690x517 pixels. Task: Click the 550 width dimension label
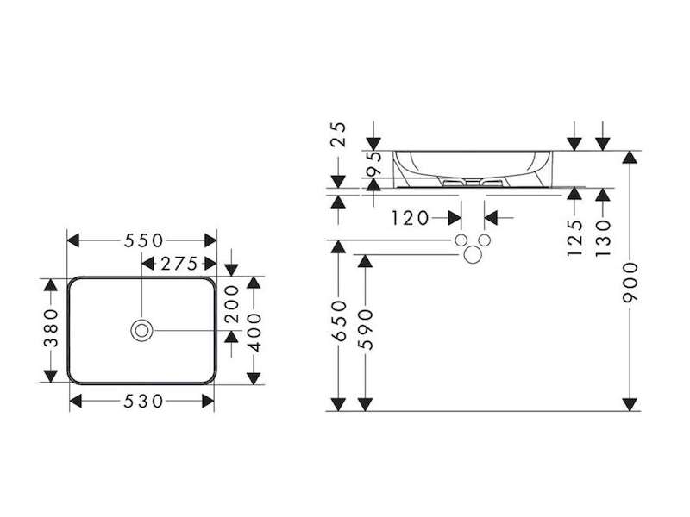click(x=143, y=241)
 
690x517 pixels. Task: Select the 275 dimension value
click(x=179, y=264)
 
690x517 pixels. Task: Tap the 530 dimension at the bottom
click(x=143, y=401)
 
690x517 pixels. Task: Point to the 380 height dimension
click(x=51, y=328)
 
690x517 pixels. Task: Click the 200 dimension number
click(x=231, y=304)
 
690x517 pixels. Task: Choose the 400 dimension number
click(x=254, y=333)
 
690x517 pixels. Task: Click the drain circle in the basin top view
click(x=141, y=330)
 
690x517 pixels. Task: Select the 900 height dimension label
click(x=630, y=283)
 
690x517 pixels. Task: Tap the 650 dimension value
click(x=338, y=321)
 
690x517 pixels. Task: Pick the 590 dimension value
click(x=365, y=330)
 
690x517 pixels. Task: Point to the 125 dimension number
click(x=574, y=238)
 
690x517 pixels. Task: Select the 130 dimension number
click(x=602, y=239)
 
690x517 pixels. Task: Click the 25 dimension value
click(x=338, y=134)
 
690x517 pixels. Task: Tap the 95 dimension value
click(x=373, y=163)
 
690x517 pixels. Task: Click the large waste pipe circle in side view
click(x=473, y=254)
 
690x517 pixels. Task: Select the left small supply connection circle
click(x=461, y=240)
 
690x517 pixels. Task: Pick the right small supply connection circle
click(x=485, y=240)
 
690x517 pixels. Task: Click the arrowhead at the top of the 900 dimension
click(x=630, y=157)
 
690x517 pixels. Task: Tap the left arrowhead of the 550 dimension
click(x=73, y=241)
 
